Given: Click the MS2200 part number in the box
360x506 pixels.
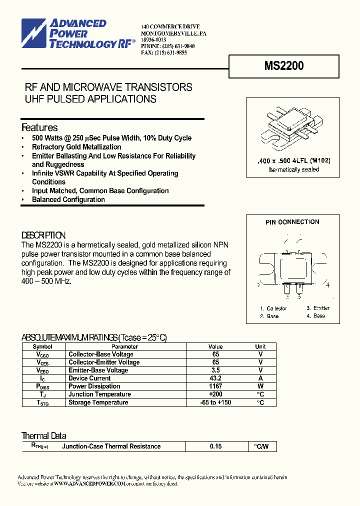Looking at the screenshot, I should coord(283,65).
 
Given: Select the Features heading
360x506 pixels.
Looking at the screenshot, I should coord(39,127).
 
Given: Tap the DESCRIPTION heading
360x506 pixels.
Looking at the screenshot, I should coord(43,235).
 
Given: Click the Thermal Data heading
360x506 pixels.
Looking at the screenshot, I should coord(43,435).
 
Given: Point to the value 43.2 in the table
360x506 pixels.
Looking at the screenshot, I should coord(215,378).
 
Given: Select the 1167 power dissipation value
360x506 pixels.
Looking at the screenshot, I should coord(215,386).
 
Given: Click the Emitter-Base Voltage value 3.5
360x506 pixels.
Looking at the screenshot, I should coord(215,370).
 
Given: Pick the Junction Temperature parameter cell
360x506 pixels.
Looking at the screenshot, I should coord(99,394).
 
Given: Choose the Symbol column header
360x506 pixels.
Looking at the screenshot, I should coord(42,346).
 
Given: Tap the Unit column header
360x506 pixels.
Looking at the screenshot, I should coord(260,346).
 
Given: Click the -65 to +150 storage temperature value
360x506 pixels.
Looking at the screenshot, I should coord(215,402).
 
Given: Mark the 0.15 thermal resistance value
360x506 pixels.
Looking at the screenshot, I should coord(215,446).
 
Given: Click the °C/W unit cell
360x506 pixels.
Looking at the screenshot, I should coord(261,446).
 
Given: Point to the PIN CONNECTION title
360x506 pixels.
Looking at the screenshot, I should coord(292,222).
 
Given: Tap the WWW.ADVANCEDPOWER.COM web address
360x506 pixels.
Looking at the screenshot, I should coord(89,484).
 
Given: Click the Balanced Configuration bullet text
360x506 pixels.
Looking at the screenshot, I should coord(68,199).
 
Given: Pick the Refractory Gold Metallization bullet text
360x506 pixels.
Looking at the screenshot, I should coord(76,147).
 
